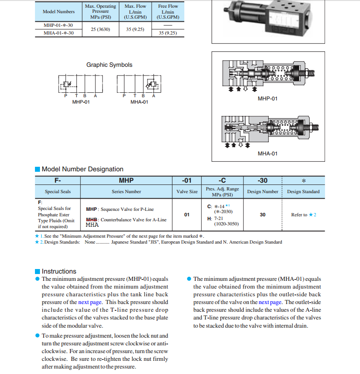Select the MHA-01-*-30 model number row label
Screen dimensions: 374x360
click(x=55, y=33)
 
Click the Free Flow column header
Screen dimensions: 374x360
click(x=168, y=12)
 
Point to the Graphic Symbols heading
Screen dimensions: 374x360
click(x=109, y=65)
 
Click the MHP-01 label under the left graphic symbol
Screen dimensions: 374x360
click(x=81, y=102)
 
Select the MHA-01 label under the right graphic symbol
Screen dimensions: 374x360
click(x=139, y=102)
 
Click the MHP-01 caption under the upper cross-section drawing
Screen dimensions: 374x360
click(x=267, y=99)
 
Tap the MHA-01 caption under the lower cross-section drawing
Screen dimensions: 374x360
click(x=267, y=154)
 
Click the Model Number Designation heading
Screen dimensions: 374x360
click(x=82, y=169)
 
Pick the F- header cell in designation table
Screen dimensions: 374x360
click(x=58, y=180)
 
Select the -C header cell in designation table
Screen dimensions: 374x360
click(x=222, y=180)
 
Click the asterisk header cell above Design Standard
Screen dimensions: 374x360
click(x=303, y=180)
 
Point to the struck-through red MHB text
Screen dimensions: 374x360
click(x=92, y=219)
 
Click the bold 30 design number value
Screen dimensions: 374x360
click(x=262, y=214)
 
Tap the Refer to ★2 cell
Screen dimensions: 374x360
click(x=304, y=214)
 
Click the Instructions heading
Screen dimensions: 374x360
click(x=59, y=271)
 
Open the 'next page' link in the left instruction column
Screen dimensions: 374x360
click(x=90, y=302)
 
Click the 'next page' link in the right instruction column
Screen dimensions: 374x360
click(x=270, y=302)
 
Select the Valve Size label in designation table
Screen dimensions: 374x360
click(x=187, y=192)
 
